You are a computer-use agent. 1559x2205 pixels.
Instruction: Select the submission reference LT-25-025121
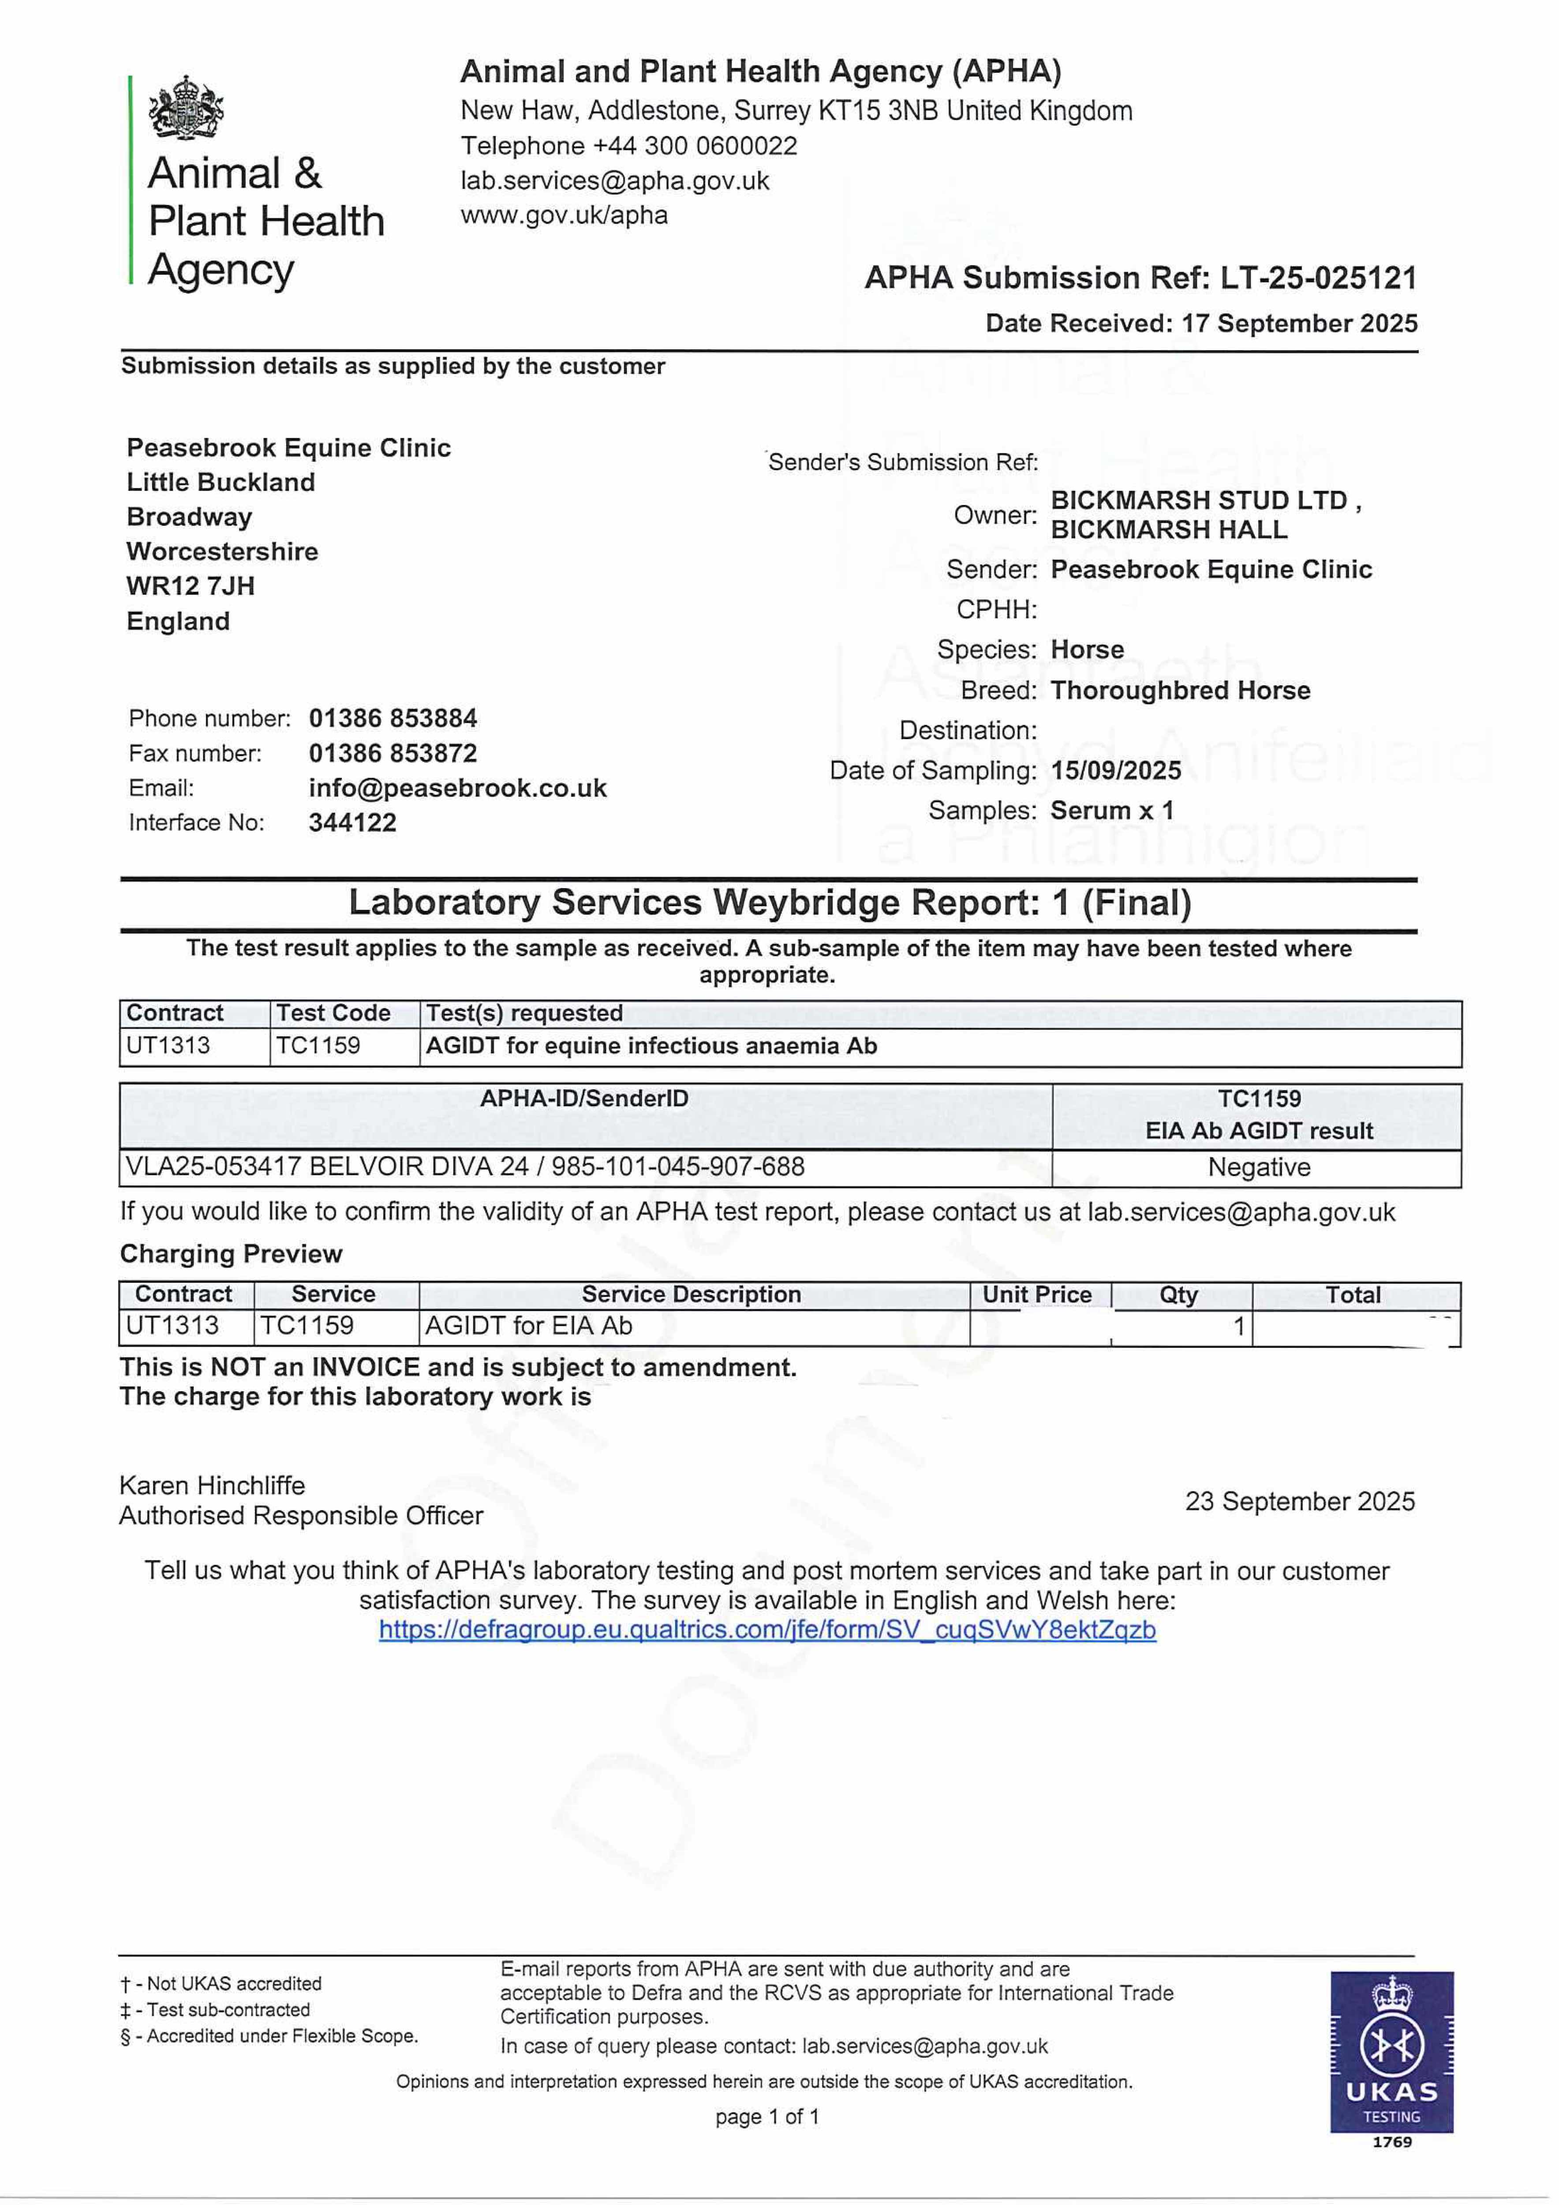(x=1318, y=279)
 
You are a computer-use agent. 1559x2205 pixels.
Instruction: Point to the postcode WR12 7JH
(x=190, y=586)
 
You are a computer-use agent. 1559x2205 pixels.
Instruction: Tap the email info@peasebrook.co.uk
(x=457, y=789)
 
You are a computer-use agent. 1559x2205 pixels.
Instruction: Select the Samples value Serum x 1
(x=1111, y=811)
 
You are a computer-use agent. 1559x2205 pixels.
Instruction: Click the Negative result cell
(x=1258, y=1168)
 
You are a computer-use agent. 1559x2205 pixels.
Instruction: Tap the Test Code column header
(x=333, y=1013)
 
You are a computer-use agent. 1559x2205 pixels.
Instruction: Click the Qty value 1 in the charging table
(x=1238, y=1326)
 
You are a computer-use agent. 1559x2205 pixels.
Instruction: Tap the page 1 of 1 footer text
(x=766, y=2117)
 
